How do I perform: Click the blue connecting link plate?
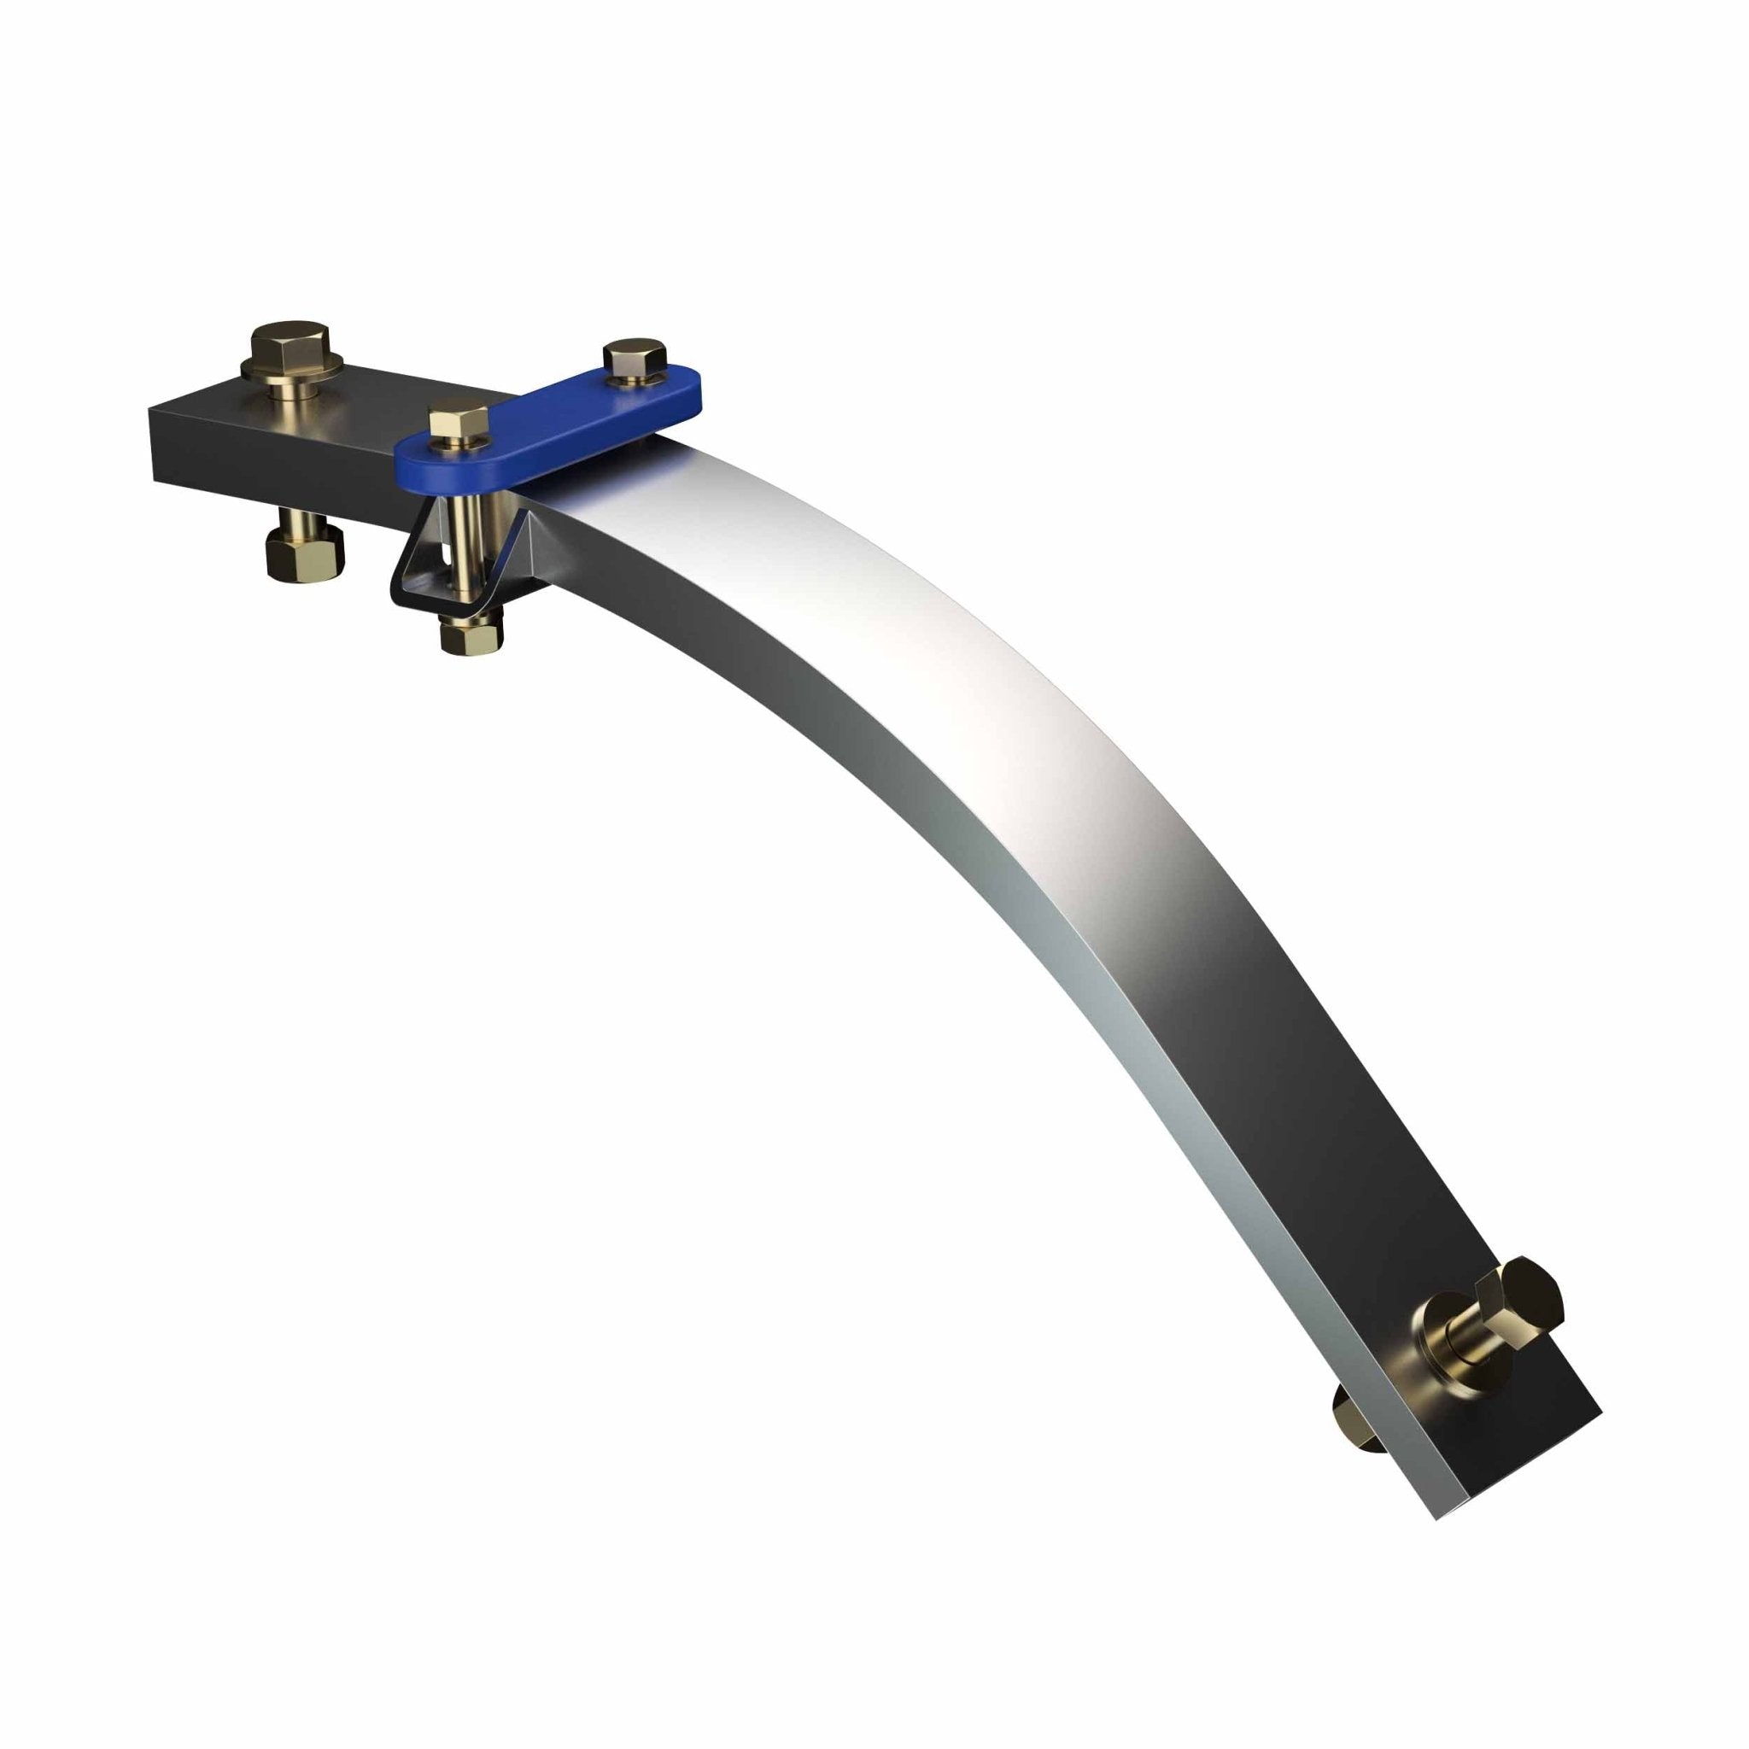tap(543, 425)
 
